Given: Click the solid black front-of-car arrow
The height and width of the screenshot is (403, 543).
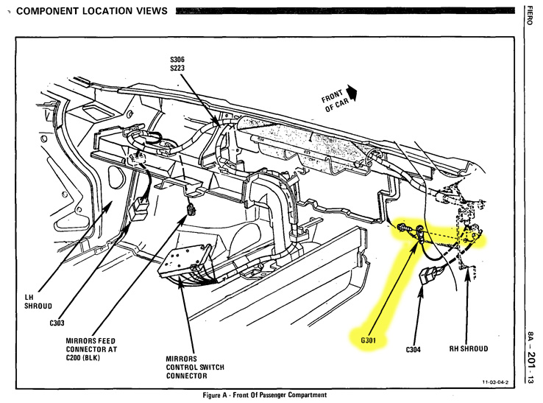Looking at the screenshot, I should (x=353, y=92).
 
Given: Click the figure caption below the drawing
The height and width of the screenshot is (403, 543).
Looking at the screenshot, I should (x=264, y=395).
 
